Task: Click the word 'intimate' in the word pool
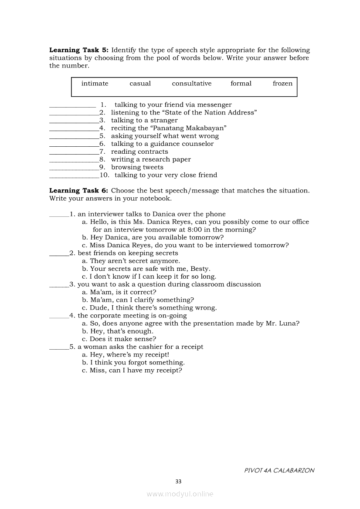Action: (x=95, y=84)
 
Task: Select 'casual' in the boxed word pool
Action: (x=140, y=84)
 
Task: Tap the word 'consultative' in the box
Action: (x=192, y=84)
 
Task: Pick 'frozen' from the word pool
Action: (x=282, y=84)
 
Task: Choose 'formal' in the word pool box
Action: (x=241, y=84)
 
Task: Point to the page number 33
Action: (x=178, y=481)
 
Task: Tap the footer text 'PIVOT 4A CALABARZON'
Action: (x=279, y=470)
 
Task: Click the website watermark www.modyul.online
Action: (x=180, y=494)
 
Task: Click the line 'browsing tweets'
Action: (x=137, y=167)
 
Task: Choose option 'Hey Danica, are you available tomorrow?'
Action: (x=153, y=237)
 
